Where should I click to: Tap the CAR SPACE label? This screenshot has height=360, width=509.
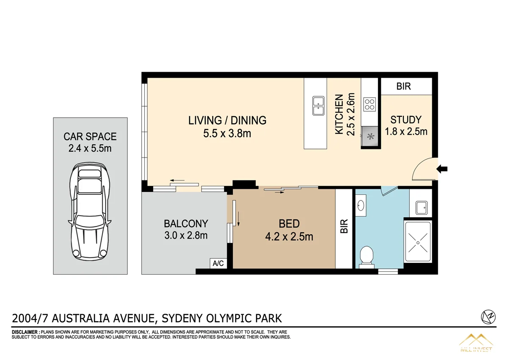coord(90,137)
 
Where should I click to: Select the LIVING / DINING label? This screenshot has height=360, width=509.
coord(227,121)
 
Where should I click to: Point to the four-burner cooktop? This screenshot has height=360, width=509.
coord(369,104)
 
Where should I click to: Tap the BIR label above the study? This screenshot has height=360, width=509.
coord(403,87)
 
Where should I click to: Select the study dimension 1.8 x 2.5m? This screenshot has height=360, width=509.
coord(406,132)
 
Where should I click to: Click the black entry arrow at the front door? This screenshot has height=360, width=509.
coord(442,169)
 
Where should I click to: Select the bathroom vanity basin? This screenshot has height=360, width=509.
coord(361,205)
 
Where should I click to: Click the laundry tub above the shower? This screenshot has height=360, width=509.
coord(421,208)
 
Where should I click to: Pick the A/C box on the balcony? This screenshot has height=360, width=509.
coord(218,263)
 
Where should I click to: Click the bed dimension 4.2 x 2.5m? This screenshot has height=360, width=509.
coord(289,237)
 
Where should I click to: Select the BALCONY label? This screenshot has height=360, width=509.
coord(186,223)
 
